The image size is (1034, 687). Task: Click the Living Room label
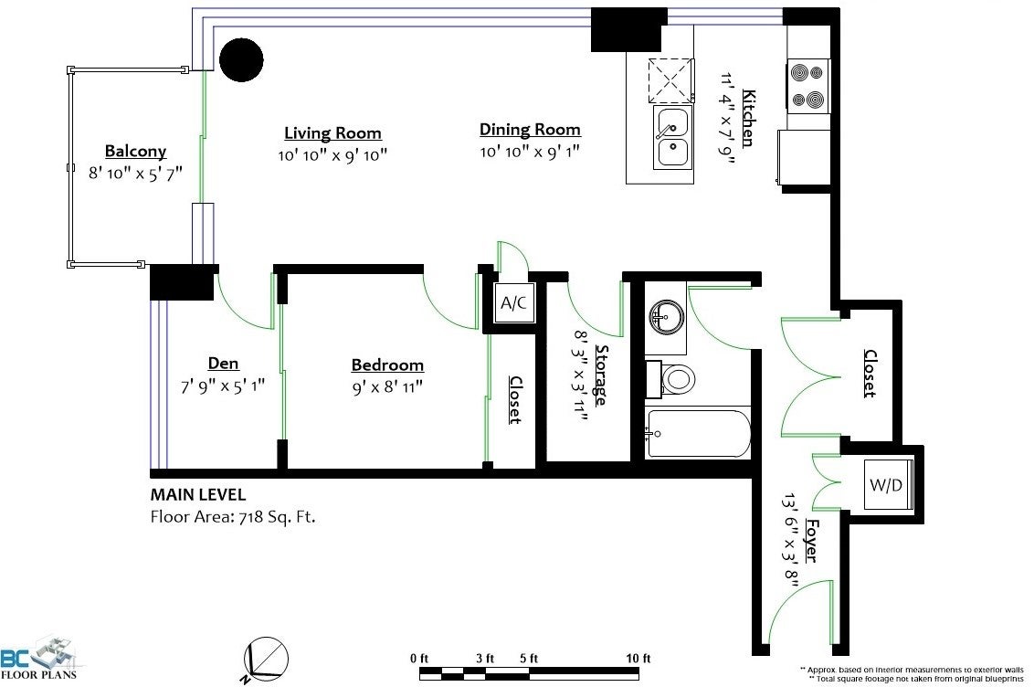click(332, 132)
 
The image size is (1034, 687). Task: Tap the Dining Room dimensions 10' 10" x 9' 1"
click(530, 152)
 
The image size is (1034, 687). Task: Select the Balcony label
click(135, 152)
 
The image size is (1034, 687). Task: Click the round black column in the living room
click(241, 59)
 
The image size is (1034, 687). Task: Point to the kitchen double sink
click(672, 136)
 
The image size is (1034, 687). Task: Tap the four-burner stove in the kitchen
click(808, 86)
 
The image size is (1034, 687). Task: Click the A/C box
click(513, 302)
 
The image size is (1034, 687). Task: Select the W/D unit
click(886, 485)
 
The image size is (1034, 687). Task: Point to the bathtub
click(699, 433)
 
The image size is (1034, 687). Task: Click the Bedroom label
click(387, 365)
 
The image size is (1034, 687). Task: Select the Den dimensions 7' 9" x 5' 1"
click(223, 386)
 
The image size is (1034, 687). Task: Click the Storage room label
click(601, 375)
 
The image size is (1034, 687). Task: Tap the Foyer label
click(812, 541)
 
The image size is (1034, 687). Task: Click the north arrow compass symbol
click(266, 659)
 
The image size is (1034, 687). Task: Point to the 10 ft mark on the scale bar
click(638, 658)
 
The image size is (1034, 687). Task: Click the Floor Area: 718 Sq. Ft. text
click(233, 516)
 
